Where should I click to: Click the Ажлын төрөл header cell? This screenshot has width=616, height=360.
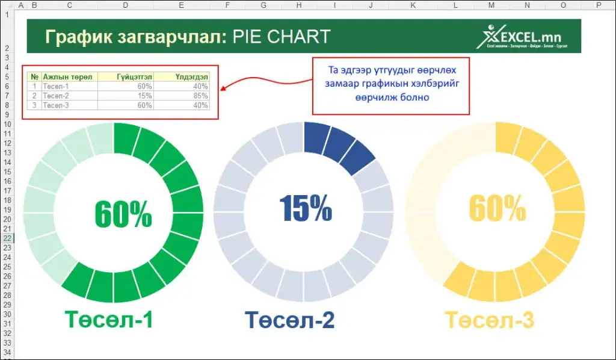point(67,77)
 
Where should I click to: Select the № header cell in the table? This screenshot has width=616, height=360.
point(34,77)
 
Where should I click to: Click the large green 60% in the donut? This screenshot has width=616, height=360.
point(123,214)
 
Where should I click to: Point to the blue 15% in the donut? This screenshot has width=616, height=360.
point(306,208)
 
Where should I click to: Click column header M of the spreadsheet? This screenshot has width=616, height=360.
point(492,5)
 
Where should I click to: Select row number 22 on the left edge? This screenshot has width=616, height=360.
point(7,238)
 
